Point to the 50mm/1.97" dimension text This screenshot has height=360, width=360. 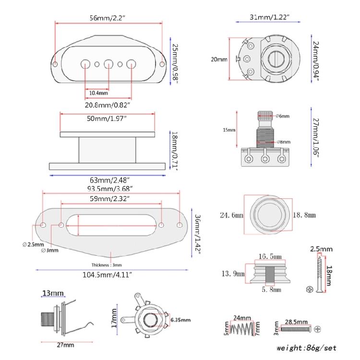pos(108,118)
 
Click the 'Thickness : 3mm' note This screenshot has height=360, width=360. pos(107,265)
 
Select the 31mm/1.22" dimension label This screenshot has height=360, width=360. pos(268,17)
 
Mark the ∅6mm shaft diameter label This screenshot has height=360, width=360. pos(283,116)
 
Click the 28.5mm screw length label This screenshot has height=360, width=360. pos(293,320)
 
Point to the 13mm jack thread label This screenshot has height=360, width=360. pos(53,293)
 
